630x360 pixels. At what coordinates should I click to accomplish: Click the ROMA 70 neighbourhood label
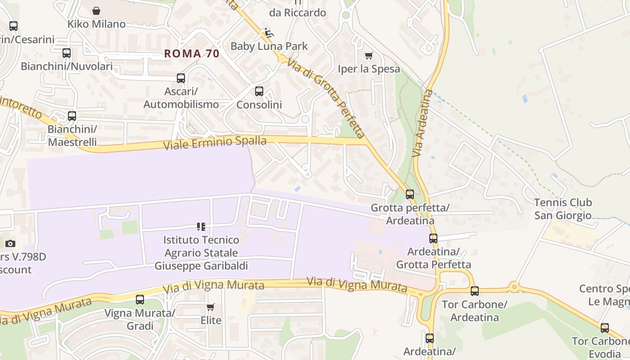click(192, 54)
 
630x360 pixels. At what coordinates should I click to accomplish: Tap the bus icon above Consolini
click(259, 91)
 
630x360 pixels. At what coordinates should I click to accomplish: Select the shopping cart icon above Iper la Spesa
click(369, 55)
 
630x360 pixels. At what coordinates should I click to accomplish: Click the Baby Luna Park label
click(269, 46)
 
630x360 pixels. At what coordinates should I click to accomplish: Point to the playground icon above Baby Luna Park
click(269, 33)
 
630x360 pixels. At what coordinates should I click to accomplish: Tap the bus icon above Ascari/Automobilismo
click(181, 78)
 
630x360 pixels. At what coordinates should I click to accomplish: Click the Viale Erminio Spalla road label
click(215, 143)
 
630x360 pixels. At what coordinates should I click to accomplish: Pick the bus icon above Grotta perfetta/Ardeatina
click(410, 194)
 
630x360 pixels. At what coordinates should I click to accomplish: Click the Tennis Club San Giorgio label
click(563, 209)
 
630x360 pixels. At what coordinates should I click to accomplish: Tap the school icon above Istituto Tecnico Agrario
click(201, 226)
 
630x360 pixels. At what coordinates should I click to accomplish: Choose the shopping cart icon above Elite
click(211, 307)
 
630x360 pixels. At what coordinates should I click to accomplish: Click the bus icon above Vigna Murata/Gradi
click(140, 299)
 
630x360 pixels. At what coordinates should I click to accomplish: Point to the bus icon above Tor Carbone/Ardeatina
click(475, 291)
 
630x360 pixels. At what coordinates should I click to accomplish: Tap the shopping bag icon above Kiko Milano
click(96, 11)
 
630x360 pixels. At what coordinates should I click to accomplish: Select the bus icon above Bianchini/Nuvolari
click(67, 53)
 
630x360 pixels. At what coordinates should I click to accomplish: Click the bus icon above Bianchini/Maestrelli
click(72, 116)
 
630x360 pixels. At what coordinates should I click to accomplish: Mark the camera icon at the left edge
click(10, 244)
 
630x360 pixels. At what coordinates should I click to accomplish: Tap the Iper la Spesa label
click(369, 69)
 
